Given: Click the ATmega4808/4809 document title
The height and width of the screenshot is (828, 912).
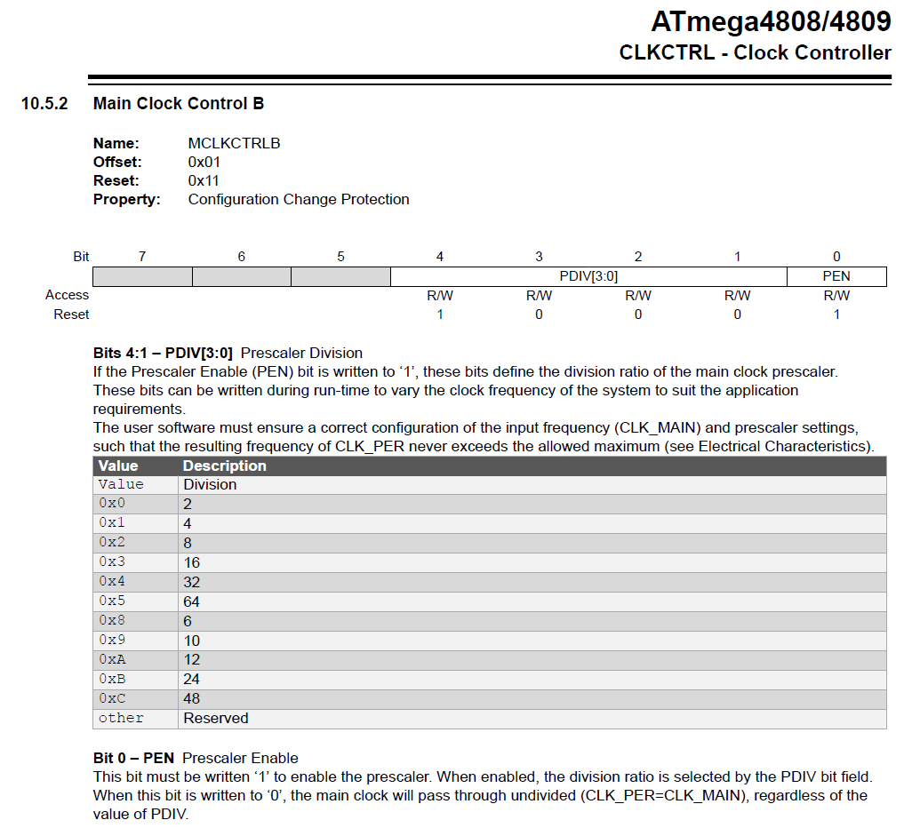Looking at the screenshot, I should pos(771,21).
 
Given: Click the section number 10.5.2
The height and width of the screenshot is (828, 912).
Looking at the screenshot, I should pos(44,104).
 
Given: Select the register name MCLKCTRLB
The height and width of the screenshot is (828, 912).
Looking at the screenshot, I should pos(234,143).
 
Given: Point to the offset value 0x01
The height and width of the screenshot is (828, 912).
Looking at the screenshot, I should pos(204,162).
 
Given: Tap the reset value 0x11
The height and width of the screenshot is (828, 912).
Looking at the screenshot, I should pos(204,180).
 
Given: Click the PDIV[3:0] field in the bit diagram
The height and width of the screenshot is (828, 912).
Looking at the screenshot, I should pos(588,276).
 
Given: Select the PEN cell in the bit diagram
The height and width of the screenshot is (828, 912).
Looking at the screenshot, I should pos(836,276).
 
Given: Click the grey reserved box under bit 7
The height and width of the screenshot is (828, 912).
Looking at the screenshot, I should pos(142,276).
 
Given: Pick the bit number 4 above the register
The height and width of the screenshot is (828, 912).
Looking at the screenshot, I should pos(439,257).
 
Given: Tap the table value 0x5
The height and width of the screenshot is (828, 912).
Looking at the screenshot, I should pos(112,601).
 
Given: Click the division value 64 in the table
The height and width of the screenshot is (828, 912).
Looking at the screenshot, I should pos(192,601).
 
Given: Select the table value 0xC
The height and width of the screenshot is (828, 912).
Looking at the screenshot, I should pos(112,698).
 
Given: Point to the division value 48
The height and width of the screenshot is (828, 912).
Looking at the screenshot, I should pos(192,698).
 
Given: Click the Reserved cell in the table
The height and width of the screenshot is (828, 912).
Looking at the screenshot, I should pos(216,718).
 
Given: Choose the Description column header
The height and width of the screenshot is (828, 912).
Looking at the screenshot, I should pos(224,466).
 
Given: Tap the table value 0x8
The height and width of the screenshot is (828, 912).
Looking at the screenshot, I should pos(112,621).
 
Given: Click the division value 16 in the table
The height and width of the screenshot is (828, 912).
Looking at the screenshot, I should pos(192,562).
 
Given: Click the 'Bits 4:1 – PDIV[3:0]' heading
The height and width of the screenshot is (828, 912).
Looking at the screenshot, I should pos(164,353).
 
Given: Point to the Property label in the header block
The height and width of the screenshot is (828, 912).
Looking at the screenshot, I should pos(126,199).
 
